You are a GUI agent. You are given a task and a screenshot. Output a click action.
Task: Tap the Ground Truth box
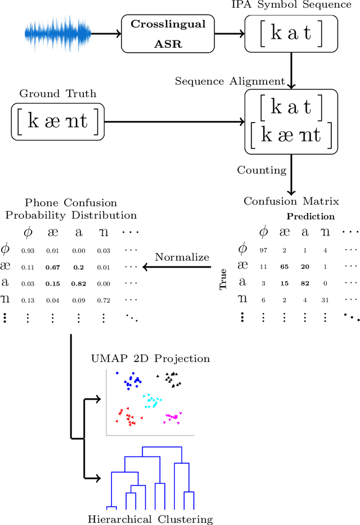58,121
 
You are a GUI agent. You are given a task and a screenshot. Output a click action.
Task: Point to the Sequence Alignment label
229,81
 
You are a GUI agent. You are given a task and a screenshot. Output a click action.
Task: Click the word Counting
262,170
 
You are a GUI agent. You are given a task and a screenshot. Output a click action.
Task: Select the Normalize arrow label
182,257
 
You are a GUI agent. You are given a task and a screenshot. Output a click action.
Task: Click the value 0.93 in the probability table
27,250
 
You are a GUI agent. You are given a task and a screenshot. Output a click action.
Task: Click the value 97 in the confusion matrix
262,250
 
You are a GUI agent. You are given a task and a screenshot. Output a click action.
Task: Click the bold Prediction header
310,216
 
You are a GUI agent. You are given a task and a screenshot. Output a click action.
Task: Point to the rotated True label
223,278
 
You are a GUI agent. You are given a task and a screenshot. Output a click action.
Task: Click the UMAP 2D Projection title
150,358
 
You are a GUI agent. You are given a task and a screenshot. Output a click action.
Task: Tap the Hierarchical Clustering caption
150,519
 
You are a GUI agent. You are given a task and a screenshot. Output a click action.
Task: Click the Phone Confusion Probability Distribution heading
71,209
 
